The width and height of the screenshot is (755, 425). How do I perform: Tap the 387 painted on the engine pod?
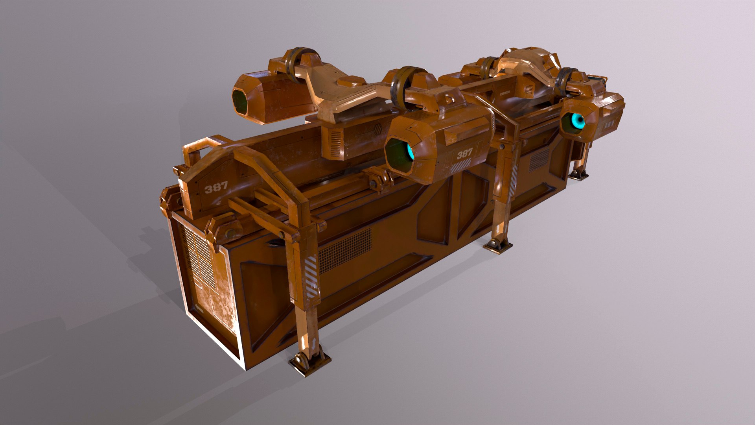pyautogui.click(x=464, y=153)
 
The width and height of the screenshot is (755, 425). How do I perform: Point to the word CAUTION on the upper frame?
pyautogui.click(x=505, y=93)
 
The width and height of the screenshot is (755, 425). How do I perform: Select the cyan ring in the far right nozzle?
pyautogui.click(x=578, y=121)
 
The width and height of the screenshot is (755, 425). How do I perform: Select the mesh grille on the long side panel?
pyautogui.click(x=345, y=250)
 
